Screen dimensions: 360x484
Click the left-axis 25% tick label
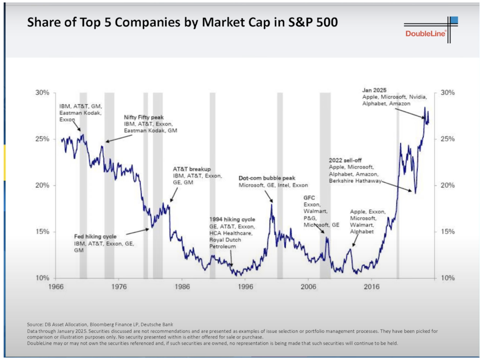click(x=41, y=139)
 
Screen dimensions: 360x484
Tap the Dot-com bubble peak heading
click(x=266, y=178)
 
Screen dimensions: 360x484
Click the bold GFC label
click(x=309, y=197)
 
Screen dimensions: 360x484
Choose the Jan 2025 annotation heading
click(x=374, y=90)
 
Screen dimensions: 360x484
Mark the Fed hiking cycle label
click(x=95, y=236)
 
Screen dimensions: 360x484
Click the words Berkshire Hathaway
click(x=355, y=180)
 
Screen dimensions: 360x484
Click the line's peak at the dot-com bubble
click(x=271, y=204)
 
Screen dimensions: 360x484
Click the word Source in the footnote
click(x=35, y=324)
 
